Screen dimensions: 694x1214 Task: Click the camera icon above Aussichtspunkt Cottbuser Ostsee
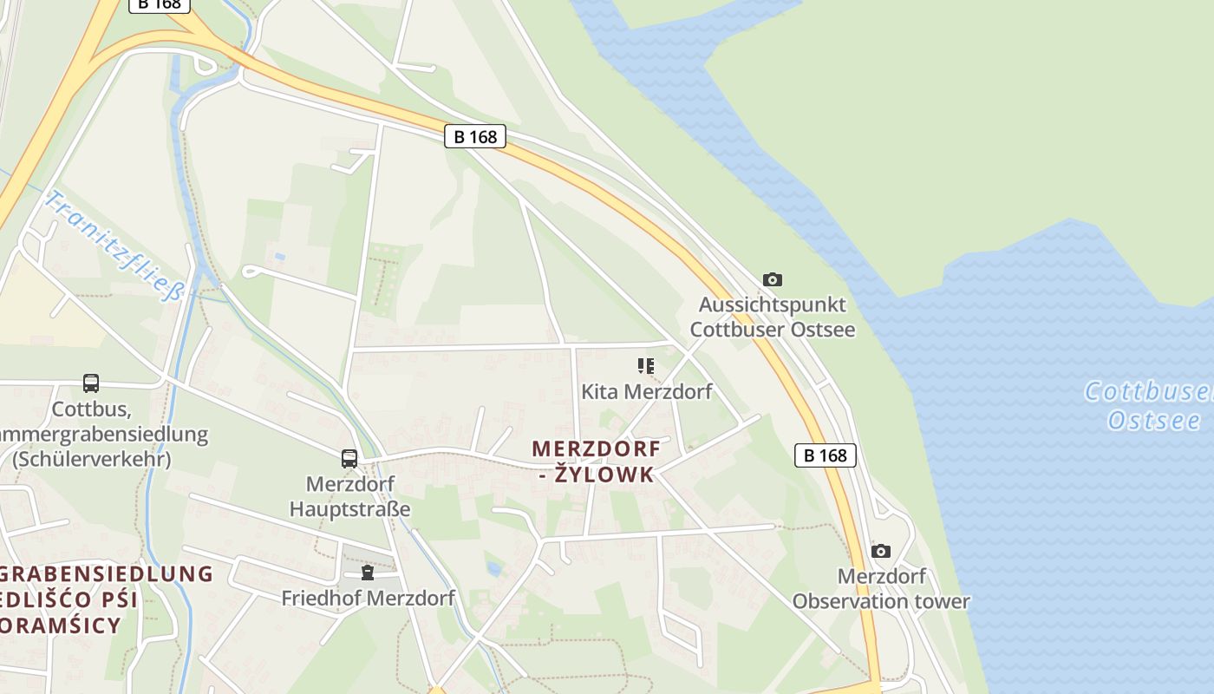click(x=772, y=279)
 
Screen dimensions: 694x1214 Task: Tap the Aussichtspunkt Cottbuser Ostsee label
click(x=772, y=318)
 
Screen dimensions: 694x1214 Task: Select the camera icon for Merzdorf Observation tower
click(x=881, y=551)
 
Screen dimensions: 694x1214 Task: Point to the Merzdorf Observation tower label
click(x=881, y=588)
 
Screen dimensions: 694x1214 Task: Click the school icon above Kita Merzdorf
click(x=646, y=366)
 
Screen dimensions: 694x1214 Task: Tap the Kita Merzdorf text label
click(x=646, y=391)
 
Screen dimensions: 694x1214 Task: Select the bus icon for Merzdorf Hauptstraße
click(x=349, y=459)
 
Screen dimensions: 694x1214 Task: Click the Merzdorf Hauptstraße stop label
click(x=349, y=496)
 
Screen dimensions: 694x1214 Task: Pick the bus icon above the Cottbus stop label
click(x=91, y=383)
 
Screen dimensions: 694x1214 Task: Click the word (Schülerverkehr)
click(x=91, y=459)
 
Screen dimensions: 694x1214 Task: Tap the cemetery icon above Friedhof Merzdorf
click(x=368, y=573)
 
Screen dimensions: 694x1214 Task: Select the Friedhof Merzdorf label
click(x=368, y=598)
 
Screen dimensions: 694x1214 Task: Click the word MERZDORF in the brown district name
click(x=596, y=449)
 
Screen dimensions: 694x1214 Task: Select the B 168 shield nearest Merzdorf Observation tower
click(x=825, y=455)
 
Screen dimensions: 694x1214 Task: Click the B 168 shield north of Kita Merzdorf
click(x=475, y=136)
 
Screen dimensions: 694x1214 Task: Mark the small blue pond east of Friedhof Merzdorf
click(x=493, y=568)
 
